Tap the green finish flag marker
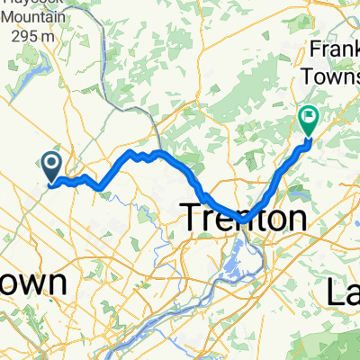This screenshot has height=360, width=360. pos(309,118)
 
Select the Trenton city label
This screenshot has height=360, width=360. pos(244,217)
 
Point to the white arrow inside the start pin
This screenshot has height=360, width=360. pos(50,163)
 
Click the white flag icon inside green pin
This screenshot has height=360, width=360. pos(310,114)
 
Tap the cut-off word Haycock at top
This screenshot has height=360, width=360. pos(36,4)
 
